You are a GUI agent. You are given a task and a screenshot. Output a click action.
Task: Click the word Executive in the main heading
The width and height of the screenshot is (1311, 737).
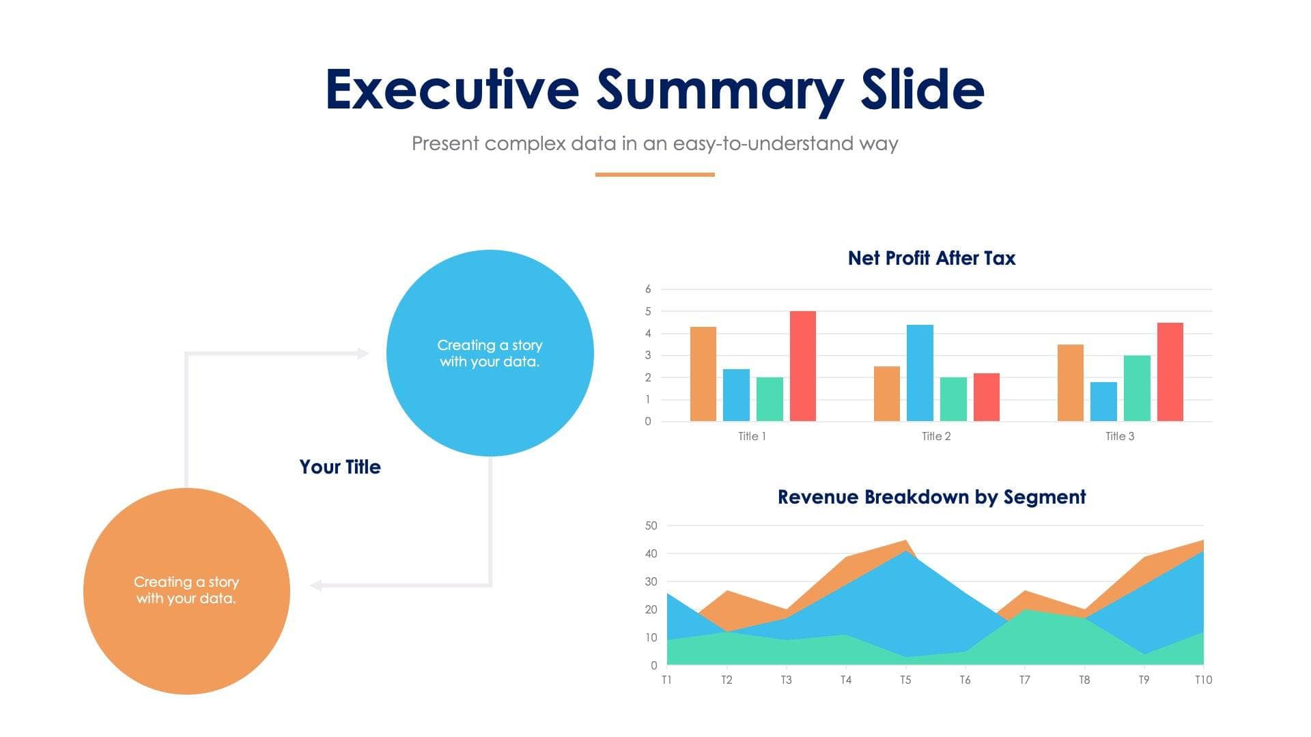452,89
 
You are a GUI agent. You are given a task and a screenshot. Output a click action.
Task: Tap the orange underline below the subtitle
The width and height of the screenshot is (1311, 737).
655,175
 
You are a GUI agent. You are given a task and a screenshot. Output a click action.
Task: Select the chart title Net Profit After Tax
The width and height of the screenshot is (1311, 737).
931,258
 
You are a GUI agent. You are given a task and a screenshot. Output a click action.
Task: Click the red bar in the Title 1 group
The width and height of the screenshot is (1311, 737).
802,366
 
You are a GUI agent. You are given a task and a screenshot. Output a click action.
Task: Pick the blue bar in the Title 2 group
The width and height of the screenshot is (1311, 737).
920,373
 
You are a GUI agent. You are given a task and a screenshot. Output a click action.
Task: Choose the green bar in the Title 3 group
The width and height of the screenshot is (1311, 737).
1137,388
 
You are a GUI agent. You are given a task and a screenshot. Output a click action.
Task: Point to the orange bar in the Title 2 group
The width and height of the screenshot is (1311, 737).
886,394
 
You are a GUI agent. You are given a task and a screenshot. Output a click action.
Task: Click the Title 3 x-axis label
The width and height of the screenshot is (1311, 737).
1120,436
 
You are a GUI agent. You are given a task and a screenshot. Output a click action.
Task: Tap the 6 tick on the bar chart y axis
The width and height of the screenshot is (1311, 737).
648,289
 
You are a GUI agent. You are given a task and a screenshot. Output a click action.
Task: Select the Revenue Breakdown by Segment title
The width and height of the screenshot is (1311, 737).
931,497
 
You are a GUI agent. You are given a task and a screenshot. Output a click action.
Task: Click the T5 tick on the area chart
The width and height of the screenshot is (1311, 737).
905,680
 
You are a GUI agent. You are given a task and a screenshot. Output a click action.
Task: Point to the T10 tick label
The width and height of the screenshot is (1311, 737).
1203,680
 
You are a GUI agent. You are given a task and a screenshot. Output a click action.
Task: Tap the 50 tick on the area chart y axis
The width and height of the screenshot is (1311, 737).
651,525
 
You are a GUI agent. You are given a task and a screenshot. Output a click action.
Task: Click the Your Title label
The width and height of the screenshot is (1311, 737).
340,467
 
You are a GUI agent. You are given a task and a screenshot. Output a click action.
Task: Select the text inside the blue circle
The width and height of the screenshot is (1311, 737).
490,353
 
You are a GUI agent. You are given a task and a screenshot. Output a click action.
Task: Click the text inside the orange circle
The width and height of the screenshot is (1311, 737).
186,590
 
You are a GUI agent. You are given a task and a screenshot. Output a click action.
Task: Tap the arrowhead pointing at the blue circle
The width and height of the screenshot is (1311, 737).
363,353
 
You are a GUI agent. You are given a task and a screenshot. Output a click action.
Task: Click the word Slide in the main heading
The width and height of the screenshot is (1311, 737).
922,89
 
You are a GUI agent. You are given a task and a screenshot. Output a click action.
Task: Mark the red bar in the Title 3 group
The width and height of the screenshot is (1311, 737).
1170,372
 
